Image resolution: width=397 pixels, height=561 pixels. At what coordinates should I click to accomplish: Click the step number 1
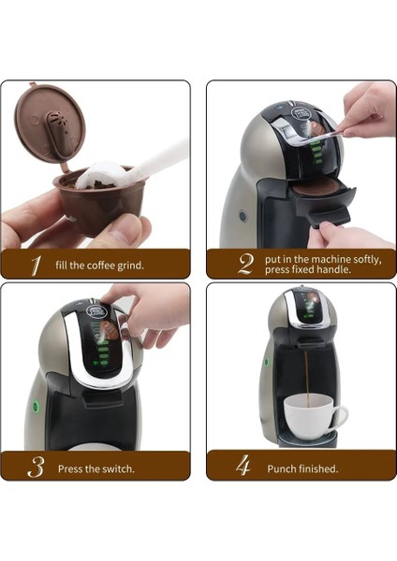pyautogui.click(x=35, y=266)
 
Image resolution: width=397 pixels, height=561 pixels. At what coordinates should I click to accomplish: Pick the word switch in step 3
pyautogui.click(x=118, y=468)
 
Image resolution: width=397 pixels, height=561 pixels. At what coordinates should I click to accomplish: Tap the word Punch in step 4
pyautogui.click(x=282, y=468)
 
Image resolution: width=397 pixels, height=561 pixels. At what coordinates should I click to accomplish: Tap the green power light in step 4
pyautogui.click(x=266, y=361)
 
